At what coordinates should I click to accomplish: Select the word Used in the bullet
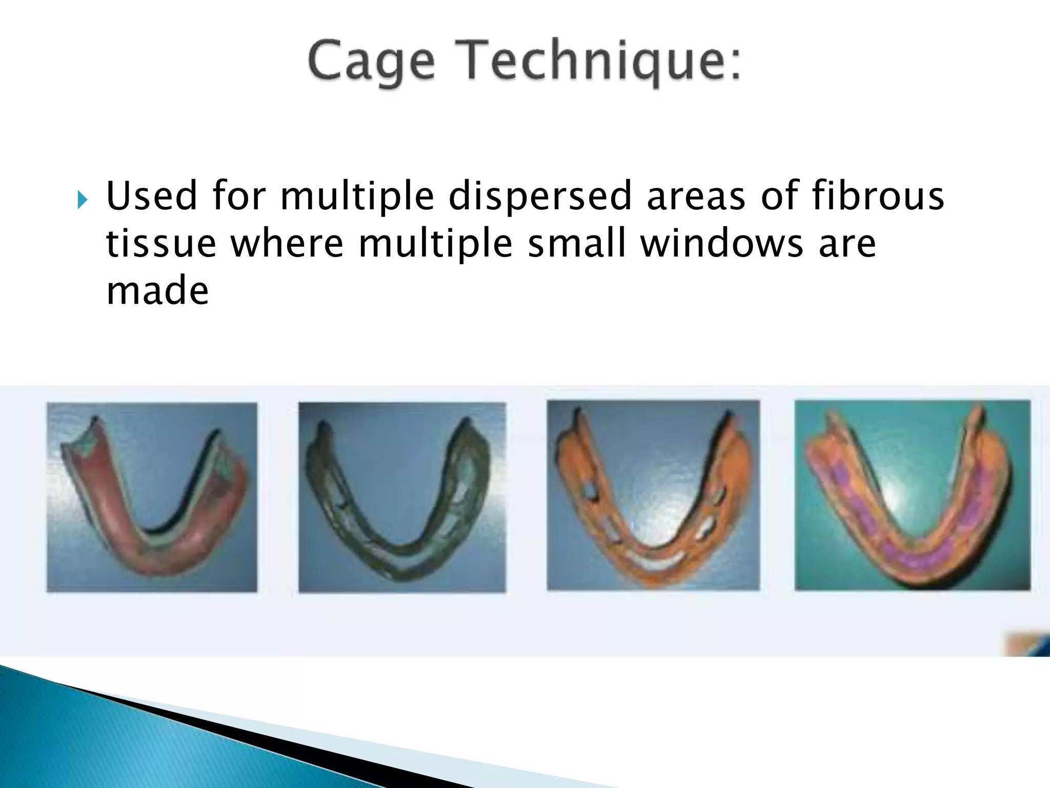[x=151, y=196]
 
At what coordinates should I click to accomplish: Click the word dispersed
[x=539, y=197]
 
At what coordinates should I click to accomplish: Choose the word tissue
[x=161, y=244]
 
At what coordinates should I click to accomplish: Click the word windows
[x=722, y=244]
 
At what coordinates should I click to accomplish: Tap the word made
[x=157, y=291]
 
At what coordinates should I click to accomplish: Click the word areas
[x=696, y=197]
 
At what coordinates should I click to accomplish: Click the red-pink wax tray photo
[x=152, y=497]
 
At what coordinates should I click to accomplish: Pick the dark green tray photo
[x=402, y=497]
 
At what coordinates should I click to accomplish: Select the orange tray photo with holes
[x=653, y=495]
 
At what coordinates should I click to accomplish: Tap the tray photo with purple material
[x=912, y=495]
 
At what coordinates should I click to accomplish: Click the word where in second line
[x=287, y=244]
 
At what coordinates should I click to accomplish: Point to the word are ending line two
[x=847, y=245]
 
